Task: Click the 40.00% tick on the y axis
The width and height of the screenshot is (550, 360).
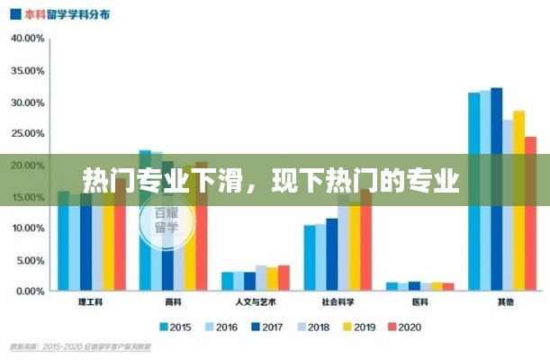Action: click(x=27, y=39)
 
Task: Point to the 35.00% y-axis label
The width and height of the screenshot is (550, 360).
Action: click(x=27, y=70)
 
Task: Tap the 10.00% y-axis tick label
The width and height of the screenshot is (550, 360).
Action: click(x=27, y=229)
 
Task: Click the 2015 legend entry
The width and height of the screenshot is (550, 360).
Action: click(x=177, y=327)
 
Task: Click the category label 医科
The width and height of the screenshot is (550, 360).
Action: click(x=420, y=303)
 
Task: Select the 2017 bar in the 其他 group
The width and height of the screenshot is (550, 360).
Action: click(x=496, y=189)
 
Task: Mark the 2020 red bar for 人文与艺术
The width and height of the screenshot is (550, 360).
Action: click(x=284, y=278)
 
